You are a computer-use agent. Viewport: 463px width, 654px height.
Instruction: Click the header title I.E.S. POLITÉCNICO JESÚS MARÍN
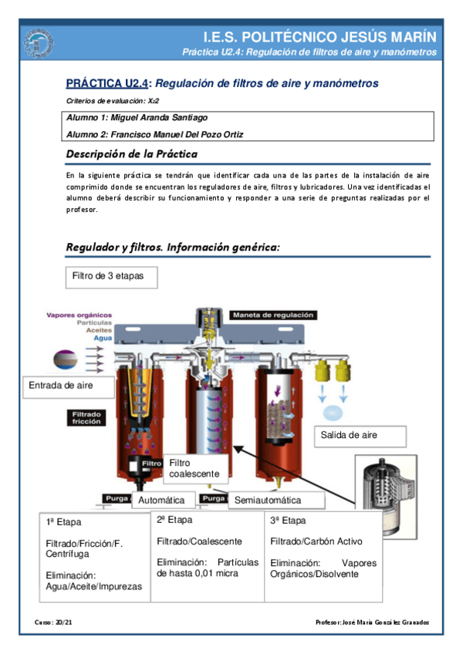[x=319, y=37]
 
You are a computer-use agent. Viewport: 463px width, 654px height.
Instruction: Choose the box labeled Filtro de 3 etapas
[x=108, y=275]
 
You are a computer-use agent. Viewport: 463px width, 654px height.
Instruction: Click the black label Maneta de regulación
[x=272, y=315]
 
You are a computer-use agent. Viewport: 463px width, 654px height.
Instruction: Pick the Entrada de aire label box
[x=61, y=385]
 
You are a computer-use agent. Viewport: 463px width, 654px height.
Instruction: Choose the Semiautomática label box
[x=268, y=501]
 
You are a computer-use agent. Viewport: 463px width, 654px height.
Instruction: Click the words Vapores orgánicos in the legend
[x=79, y=315]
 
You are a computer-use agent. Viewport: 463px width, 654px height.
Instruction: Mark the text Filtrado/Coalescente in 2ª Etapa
[x=199, y=541]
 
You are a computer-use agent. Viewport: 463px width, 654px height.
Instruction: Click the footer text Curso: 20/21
[x=52, y=622]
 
